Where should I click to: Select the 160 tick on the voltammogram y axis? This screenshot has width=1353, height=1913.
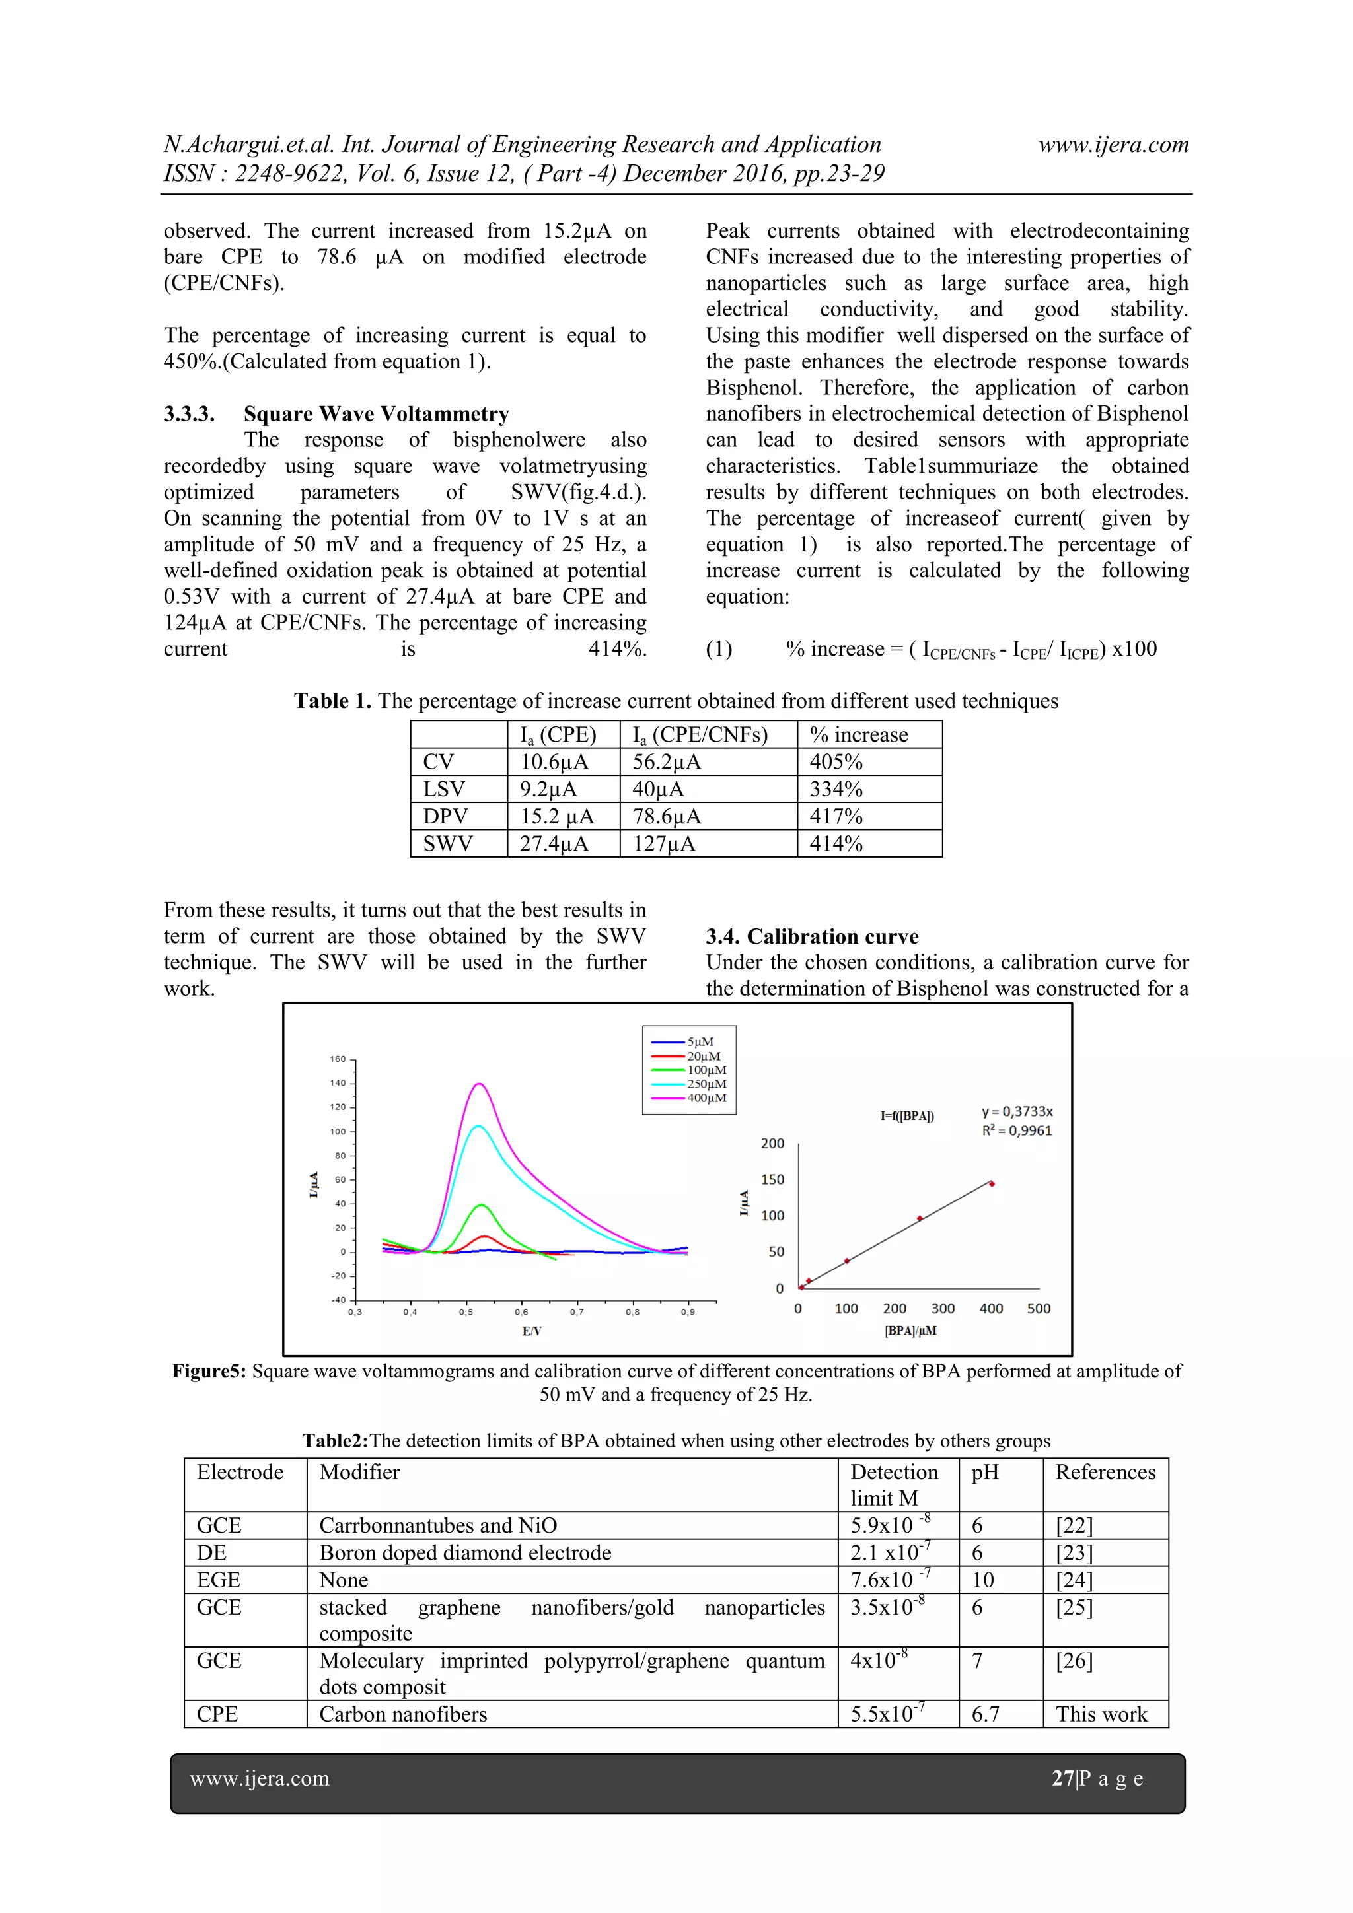338,1059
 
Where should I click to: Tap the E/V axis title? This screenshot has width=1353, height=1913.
532,1331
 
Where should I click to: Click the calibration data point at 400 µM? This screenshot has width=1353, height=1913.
991,1183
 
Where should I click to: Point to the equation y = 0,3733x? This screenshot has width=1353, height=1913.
1017,1111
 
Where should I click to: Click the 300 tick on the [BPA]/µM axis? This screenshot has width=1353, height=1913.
943,1309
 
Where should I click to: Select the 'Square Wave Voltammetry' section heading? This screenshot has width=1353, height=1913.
376,414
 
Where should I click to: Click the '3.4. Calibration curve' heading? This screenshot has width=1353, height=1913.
812,936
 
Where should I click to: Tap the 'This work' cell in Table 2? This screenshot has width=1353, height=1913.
1101,1714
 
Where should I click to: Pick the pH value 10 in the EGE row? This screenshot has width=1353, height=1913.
983,1580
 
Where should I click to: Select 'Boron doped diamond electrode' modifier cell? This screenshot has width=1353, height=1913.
465,1553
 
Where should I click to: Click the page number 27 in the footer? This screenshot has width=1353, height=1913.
1062,1779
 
